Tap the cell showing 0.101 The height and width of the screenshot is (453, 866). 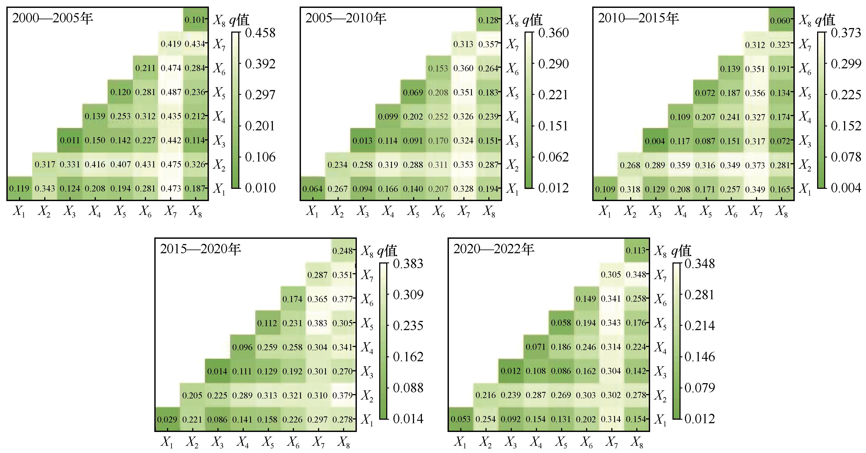(195, 19)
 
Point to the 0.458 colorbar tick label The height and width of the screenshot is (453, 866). (260, 33)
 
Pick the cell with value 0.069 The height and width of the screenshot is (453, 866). (413, 92)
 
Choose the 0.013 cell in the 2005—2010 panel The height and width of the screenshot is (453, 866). (362, 140)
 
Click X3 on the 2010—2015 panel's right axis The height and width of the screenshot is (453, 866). (805, 141)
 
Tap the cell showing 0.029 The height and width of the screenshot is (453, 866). (167, 419)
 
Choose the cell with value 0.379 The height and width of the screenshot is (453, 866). (343, 395)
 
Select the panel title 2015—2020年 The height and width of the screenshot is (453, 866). (201, 249)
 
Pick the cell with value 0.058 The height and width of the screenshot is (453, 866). (561, 323)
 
